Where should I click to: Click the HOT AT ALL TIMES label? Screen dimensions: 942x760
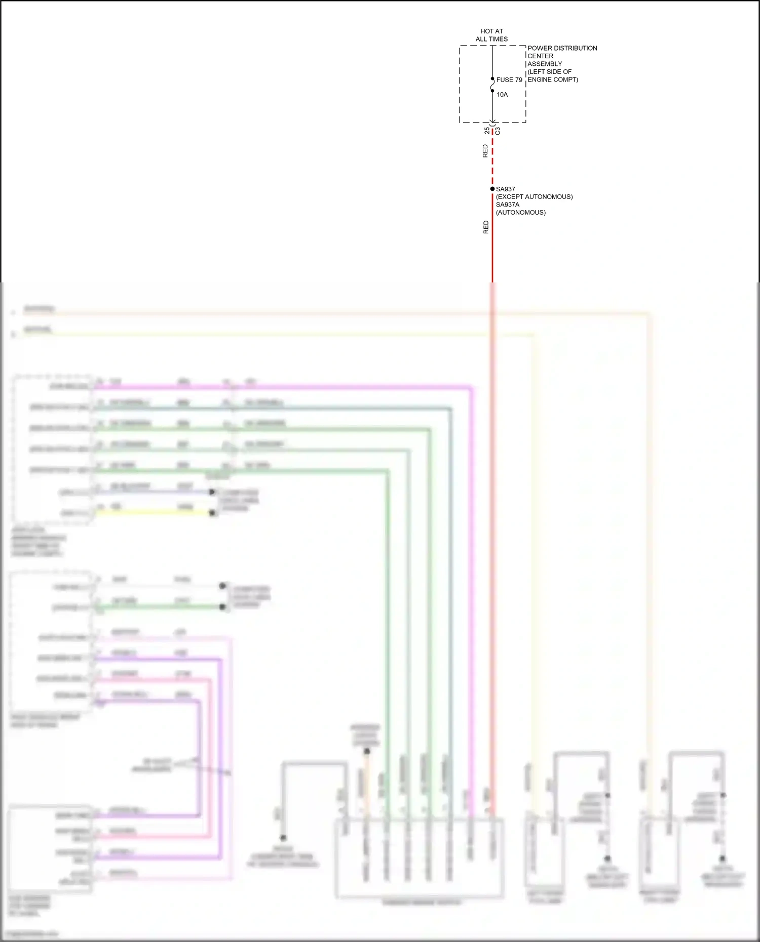click(491, 35)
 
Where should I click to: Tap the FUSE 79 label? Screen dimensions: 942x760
click(509, 80)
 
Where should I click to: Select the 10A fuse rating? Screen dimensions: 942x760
click(502, 95)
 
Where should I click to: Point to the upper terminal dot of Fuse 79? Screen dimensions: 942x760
click(492, 79)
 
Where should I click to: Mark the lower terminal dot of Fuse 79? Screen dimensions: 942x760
click(492, 91)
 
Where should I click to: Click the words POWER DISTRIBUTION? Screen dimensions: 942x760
click(562, 48)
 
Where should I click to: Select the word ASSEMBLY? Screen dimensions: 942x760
click(545, 64)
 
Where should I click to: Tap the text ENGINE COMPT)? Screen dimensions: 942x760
click(553, 79)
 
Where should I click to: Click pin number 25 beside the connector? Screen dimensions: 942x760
click(487, 131)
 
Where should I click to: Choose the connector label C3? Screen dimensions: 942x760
click(498, 131)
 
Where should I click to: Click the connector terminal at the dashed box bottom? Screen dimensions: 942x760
click(492, 122)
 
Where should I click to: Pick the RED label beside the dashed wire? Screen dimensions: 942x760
click(485, 151)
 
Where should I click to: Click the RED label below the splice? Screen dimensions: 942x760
click(486, 227)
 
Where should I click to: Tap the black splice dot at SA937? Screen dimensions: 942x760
click(492, 189)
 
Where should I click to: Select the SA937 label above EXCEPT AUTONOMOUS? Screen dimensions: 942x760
click(505, 189)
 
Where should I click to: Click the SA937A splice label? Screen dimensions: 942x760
click(507, 204)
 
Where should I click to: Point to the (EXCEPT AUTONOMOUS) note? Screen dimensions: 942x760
click(534, 197)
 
